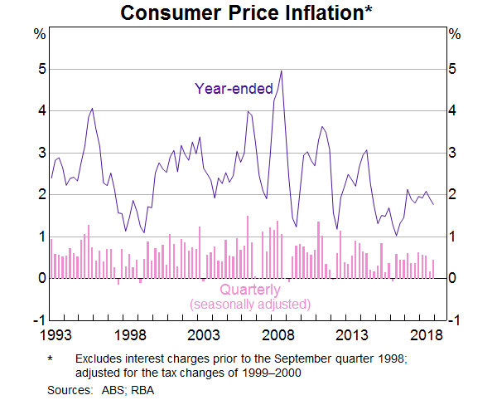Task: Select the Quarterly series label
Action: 250,290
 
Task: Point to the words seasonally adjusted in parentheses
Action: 250,305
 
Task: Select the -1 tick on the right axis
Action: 453,320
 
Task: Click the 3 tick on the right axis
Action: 452,153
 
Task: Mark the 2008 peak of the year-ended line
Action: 282,71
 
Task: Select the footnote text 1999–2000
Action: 273,373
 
